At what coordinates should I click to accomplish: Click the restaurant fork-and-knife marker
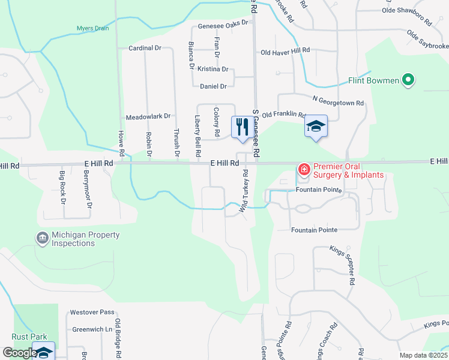(x=243, y=127)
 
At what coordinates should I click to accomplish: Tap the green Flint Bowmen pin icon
(x=408, y=80)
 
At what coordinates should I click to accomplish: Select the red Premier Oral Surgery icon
(x=304, y=170)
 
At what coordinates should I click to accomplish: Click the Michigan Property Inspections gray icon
(x=43, y=239)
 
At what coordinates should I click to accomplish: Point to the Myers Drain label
(x=93, y=28)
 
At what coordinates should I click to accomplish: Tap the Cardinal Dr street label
(x=145, y=48)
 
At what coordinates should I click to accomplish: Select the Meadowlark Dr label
(x=148, y=117)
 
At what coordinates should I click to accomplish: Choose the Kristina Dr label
(x=213, y=70)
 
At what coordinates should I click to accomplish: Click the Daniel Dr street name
(x=213, y=86)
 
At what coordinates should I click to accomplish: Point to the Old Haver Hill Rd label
(x=285, y=52)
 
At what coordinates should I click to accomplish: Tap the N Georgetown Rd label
(x=338, y=103)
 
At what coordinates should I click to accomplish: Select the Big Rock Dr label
(x=62, y=187)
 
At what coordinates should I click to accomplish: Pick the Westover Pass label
(x=92, y=312)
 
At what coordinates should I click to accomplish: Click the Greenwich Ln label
(x=92, y=329)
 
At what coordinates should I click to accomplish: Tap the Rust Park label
(x=29, y=337)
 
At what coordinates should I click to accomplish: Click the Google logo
(x=19, y=353)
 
